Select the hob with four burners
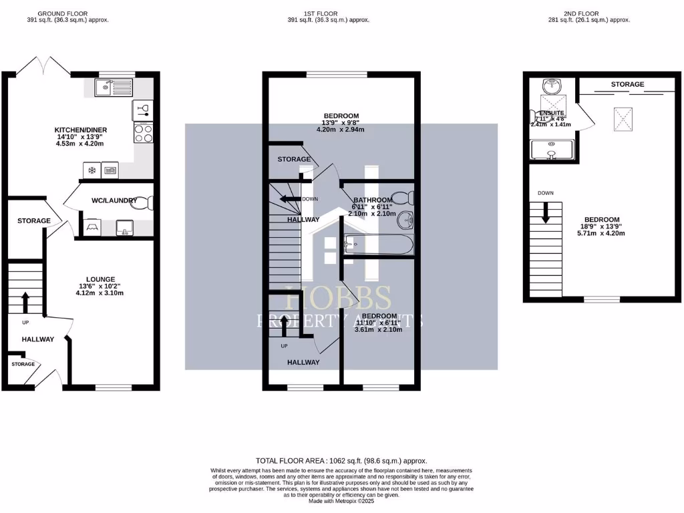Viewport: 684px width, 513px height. coord(144,133)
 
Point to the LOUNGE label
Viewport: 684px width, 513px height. coord(100,279)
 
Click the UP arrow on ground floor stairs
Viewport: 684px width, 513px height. coord(25,302)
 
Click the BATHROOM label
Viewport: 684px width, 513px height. coord(373,200)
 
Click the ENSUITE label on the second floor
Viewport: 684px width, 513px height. coord(552,114)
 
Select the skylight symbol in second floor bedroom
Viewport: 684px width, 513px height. coord(623,120)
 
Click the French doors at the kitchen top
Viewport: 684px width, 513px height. coord(43,65)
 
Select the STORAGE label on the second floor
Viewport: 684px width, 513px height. coord(627,84)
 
